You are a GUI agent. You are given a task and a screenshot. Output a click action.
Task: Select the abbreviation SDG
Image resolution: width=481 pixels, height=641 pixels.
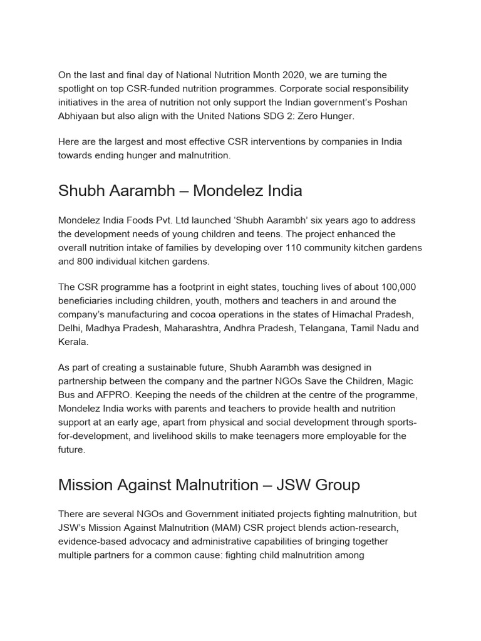point(270,116)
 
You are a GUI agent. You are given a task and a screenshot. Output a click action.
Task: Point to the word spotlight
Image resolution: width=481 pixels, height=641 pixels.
point(79,89)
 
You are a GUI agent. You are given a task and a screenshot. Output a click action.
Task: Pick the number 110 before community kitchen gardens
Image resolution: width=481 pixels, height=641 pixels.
point(294,247)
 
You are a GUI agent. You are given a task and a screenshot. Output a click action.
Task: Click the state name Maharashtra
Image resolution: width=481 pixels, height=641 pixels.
point(190,328)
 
